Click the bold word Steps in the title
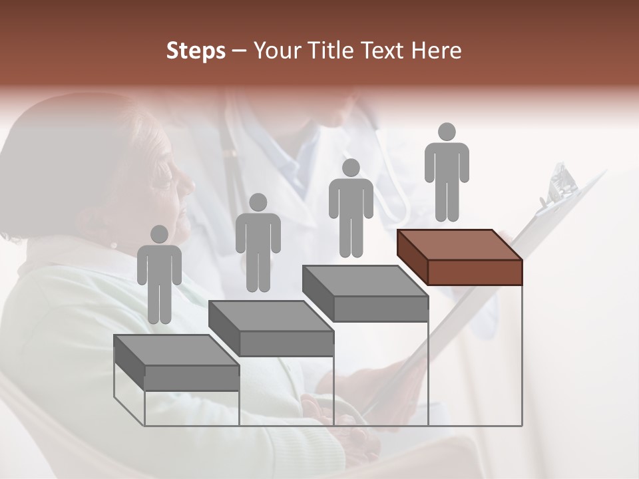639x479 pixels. click(x=196, y=51)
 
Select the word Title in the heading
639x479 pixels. click(x=327, y=51)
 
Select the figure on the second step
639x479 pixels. click(x=258, y=243)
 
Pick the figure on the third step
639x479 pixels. click(x=351, y=208)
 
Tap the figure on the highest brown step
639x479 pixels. click(x=447, y=172)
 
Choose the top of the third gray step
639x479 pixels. click(x=365, y=280)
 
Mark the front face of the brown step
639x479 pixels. click(x=475, y=272)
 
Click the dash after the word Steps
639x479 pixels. click(x=239, y=51)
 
